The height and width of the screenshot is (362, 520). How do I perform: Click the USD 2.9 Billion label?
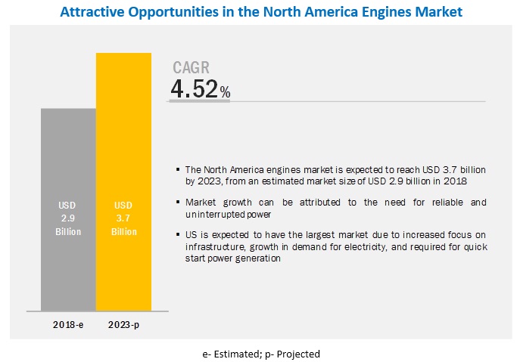[68, 218]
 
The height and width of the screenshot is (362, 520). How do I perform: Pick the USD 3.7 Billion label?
[125, 218]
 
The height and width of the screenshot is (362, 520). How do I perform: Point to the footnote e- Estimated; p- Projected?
[260, 354]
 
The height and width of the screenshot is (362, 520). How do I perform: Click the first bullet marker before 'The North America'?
[178, 169]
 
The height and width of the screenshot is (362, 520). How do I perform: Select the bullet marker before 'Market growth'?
[178, 203]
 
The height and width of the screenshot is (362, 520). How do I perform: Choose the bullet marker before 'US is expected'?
[178, 236]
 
